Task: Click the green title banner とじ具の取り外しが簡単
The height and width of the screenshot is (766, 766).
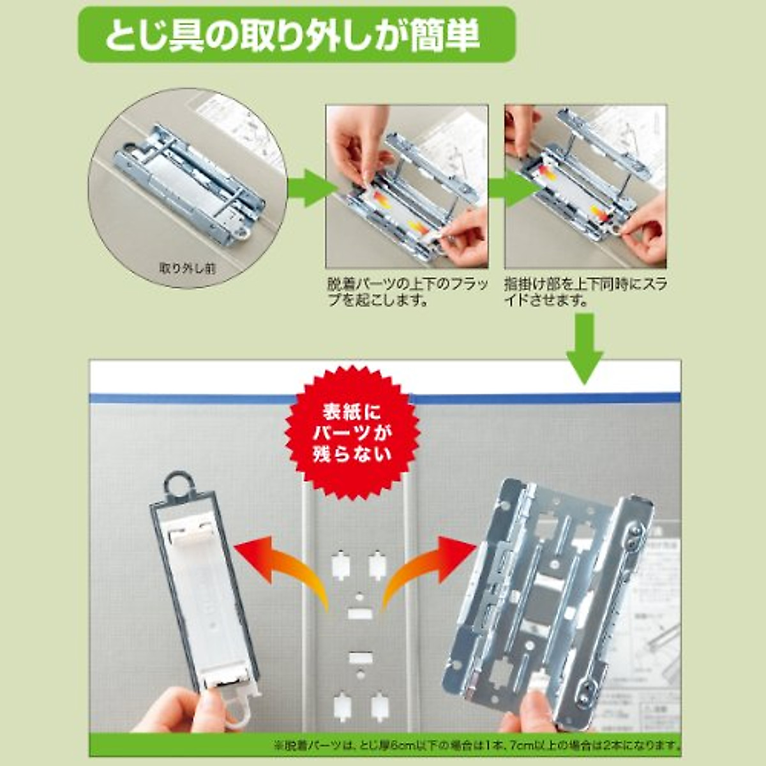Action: point(296,34)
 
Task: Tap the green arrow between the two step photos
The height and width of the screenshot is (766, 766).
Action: point(496,188)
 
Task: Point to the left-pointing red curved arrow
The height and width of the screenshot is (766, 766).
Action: point(281,562)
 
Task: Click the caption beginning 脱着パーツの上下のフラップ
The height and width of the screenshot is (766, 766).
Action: point(407,291)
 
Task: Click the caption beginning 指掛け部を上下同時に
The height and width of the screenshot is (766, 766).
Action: point(585,291)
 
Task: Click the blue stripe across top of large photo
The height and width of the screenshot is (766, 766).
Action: point(383,398)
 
